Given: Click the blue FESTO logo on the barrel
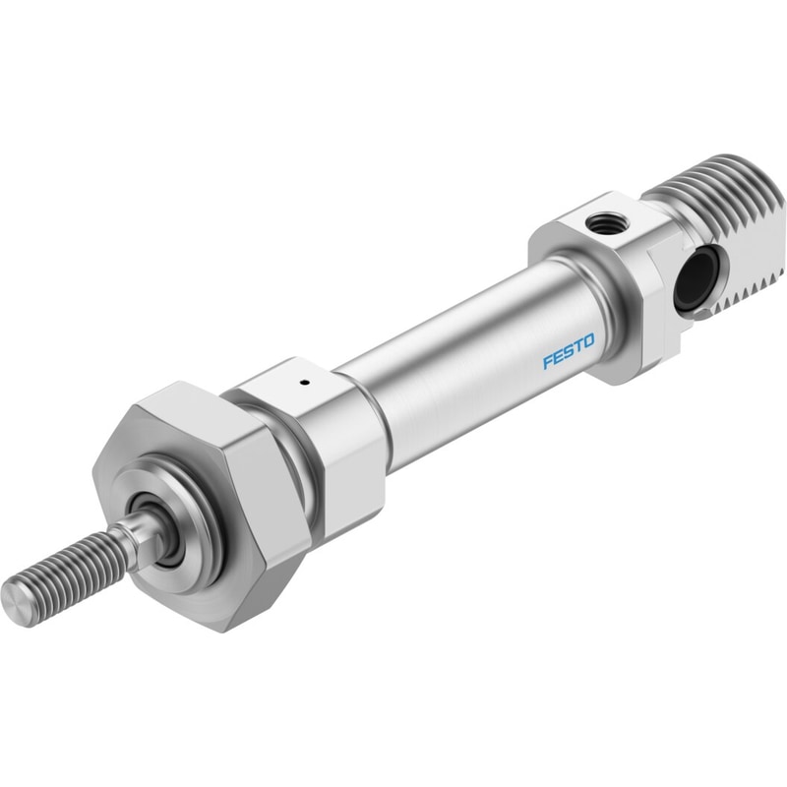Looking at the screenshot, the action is (569, 351).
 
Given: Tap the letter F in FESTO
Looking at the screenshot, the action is (548, 361).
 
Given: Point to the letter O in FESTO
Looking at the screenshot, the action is (588, 341).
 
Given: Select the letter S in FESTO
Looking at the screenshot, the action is (569, 351).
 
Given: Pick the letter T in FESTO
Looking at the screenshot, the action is (578, 346).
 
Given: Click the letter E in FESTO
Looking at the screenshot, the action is (558, 356).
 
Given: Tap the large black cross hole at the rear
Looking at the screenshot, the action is (695, 278).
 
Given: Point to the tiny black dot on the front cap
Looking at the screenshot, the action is (303, 384).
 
